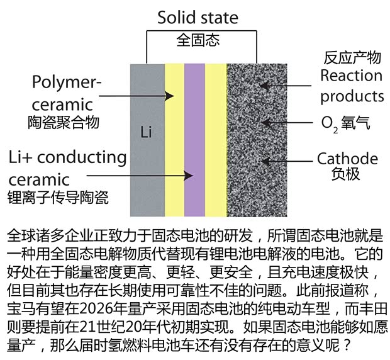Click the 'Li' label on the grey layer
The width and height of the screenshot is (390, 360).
[147, 133]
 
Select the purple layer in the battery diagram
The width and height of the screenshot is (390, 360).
[195, 138]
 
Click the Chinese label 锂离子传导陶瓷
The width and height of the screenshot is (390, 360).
[57, 197]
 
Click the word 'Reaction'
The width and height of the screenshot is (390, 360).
[351, 76]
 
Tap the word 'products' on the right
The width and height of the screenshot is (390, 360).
[352, 96]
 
